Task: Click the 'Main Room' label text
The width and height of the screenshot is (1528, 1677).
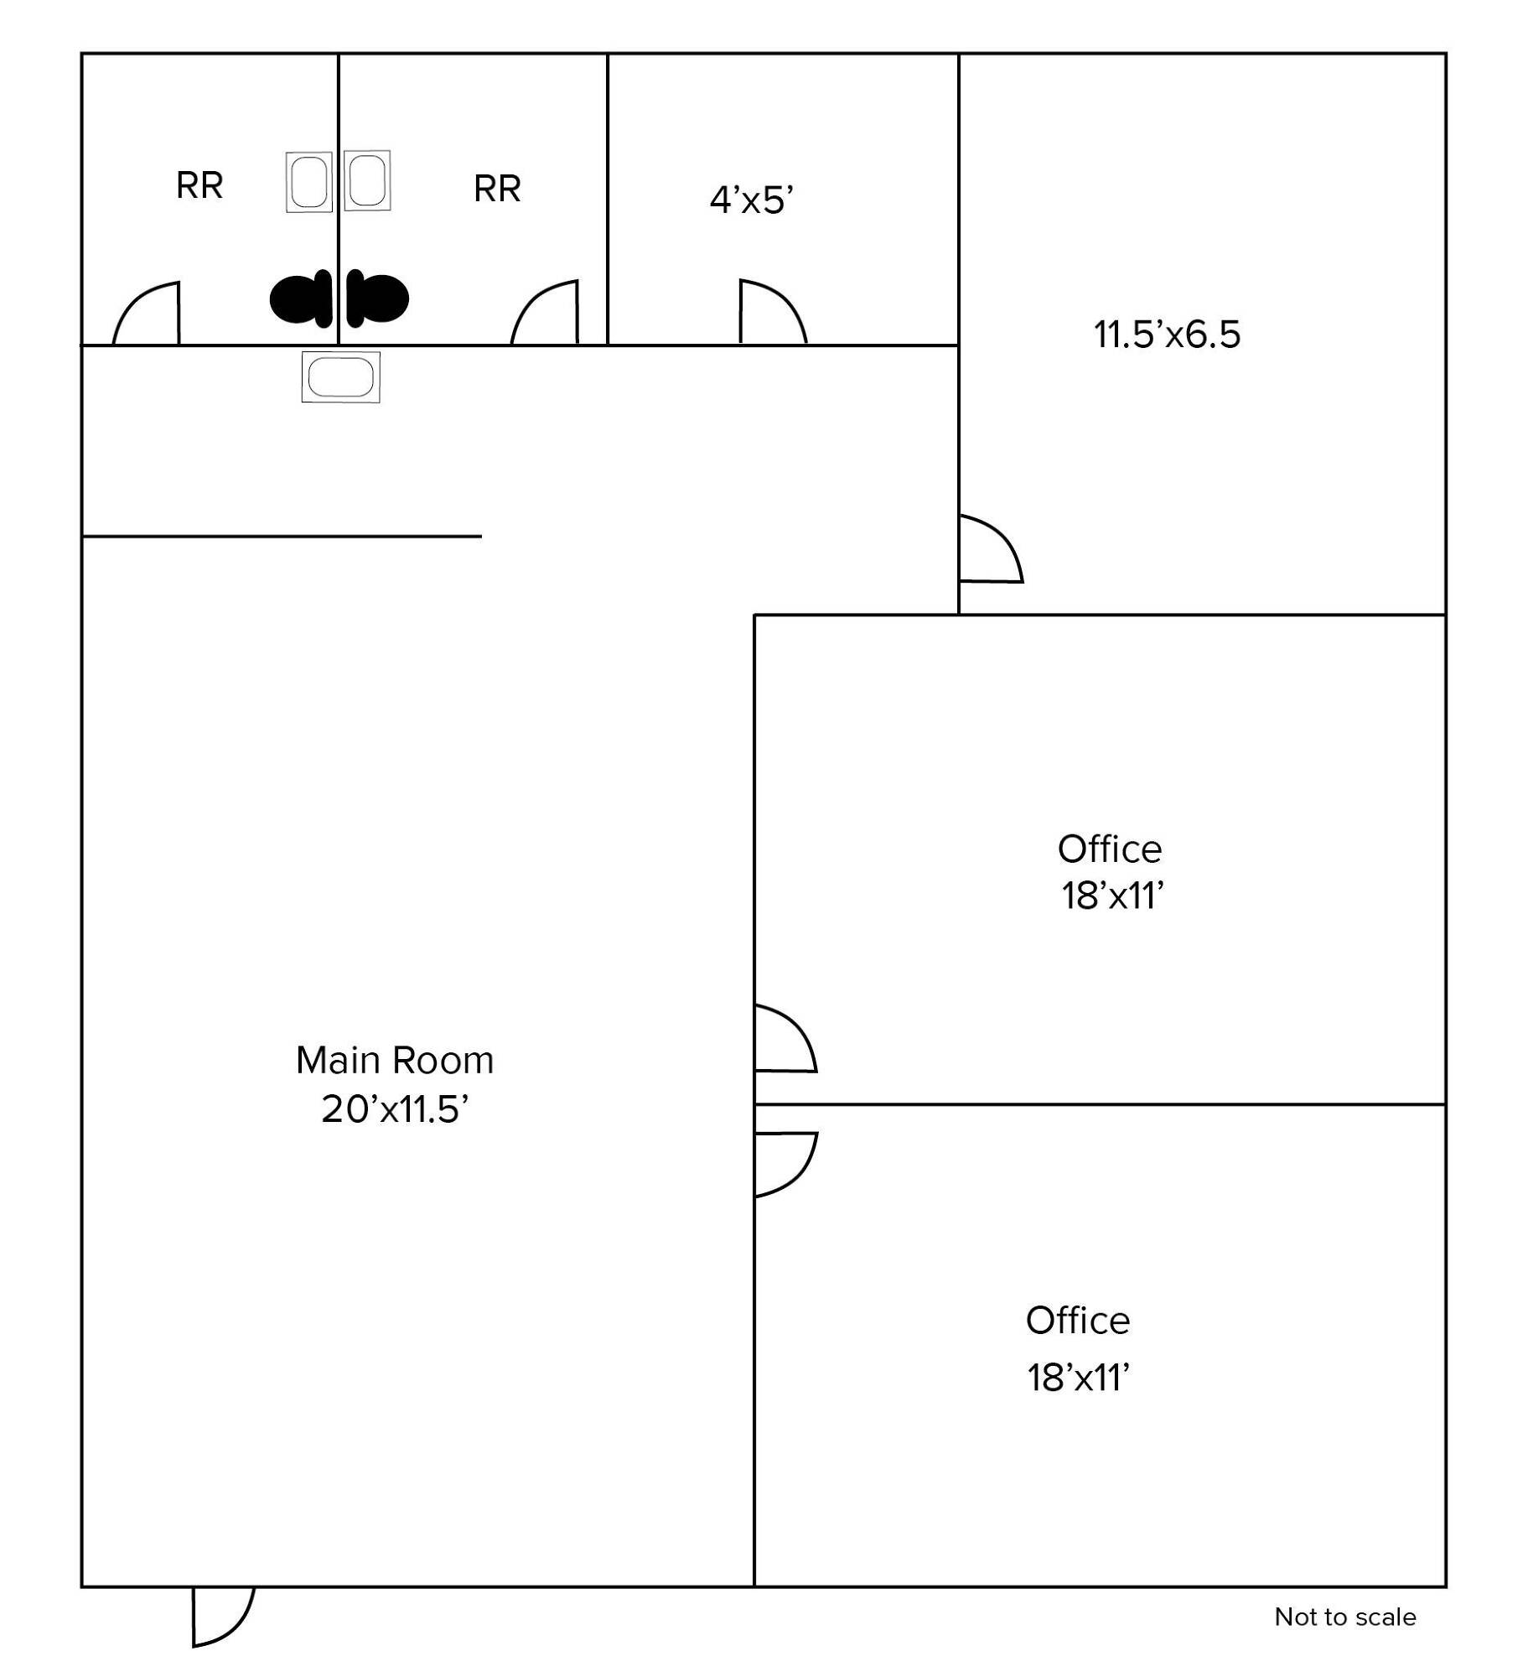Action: click(395, 1061)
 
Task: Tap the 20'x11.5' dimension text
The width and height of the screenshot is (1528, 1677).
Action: click(395, 1109)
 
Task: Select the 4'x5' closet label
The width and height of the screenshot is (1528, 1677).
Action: click(752, 200)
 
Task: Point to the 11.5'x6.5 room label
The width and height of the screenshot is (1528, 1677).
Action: click(1167, 335)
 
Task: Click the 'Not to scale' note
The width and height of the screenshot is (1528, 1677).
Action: click(1345, 1617)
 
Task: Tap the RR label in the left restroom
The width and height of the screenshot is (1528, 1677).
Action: click(199, 186)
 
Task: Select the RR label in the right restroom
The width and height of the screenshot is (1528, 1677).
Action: click(497, 189)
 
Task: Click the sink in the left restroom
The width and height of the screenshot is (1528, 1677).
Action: click(308, 182)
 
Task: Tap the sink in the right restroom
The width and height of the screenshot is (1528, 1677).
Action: click(367, 180)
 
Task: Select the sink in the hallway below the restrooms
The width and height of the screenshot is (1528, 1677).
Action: click(340, 377)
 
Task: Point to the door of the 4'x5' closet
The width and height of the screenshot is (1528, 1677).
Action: click(773, 312)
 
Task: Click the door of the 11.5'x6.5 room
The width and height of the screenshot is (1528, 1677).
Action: click(991, 548)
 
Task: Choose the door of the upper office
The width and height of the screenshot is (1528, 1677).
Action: click(785, 1038)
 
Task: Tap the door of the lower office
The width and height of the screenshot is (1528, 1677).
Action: click(785, 1165)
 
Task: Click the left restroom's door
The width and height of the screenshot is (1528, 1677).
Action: click(146, 313)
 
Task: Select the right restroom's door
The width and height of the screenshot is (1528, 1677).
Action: click(545, 312)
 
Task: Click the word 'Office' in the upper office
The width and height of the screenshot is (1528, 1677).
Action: click(1110, 849)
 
